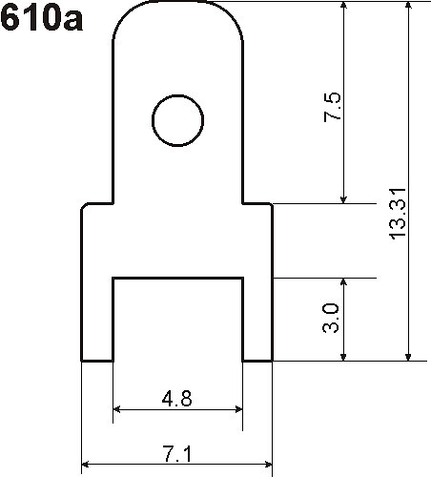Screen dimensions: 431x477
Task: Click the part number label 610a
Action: click(x=41, y=18)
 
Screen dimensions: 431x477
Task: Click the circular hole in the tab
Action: click(x=177, y=95)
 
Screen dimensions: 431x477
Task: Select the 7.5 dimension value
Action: click(x=333, y=107)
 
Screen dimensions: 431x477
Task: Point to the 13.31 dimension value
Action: click(x=398, y=214)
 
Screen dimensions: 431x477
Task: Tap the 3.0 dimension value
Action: click(x=331, y=318)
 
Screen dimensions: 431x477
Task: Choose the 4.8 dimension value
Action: click(x=177, y=399)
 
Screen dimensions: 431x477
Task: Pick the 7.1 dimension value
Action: click(x=177, y=454)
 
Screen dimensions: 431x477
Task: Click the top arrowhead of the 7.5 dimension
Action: click(x=343, y=6)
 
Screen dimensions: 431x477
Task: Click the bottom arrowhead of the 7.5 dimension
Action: click(x=343, y=198)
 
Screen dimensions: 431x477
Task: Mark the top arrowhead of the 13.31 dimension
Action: click(x=409, y=6)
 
